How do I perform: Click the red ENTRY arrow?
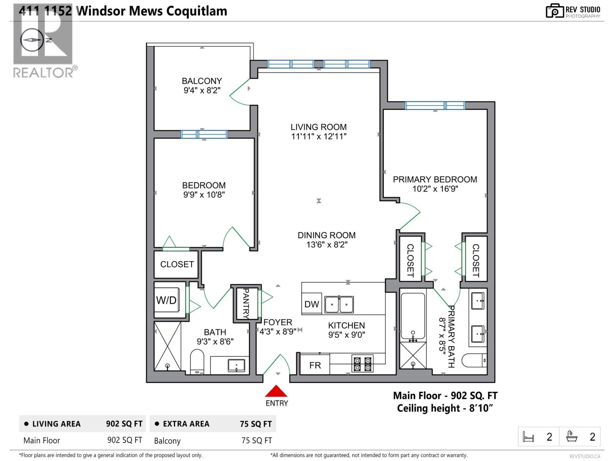coord(276,391)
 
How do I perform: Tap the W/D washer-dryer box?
coord(167,300)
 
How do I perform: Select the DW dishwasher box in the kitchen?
coord(312,304)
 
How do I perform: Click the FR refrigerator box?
coord(315,365)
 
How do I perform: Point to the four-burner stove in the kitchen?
coord(363,364)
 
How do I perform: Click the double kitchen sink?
coord(339,305)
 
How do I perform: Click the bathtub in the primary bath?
coord(413,317)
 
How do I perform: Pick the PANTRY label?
coord(246,303)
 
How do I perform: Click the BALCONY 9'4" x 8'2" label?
coord(202,86)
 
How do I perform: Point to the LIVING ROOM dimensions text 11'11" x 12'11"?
coord(319,136)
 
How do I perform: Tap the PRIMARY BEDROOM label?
coord(435,179)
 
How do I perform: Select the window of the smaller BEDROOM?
coord(204,134)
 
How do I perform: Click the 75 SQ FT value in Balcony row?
coord(256,441)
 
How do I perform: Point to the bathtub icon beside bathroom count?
coord(572,437)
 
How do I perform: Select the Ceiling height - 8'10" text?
coord(445,408)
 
